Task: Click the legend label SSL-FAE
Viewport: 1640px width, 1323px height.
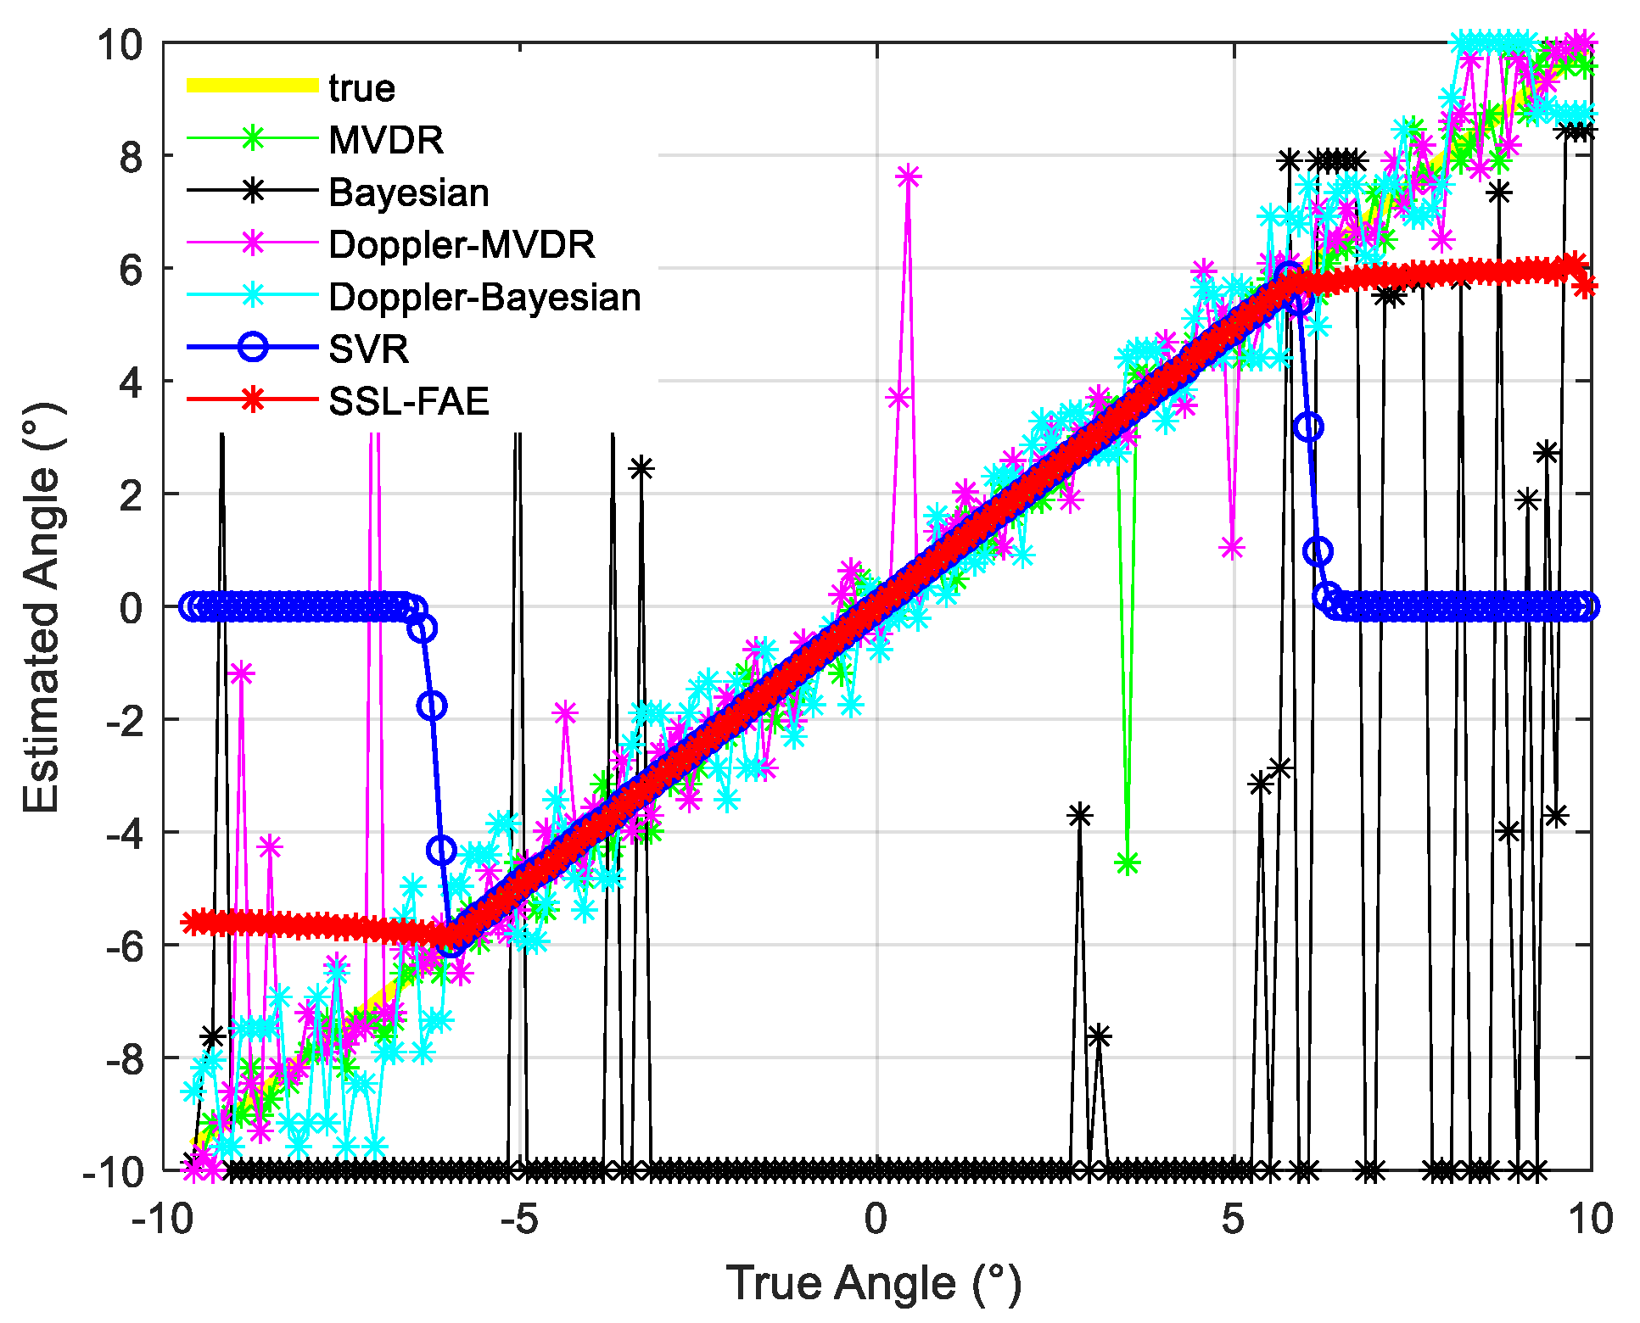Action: pyautogui.click(x=409, y=401)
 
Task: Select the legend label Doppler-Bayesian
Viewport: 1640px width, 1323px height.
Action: pyautogui.click(x=484, y=297)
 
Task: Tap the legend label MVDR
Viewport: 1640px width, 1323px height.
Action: pyautogui.click(x=386, y=140)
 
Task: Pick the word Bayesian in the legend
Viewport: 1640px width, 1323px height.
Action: pyautogui.click(x=409, y=193)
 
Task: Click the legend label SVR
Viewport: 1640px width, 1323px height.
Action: pyautogui.click(x=368, y=349)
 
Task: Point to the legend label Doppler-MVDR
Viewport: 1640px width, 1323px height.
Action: pyautogui.click(x=462, y=245)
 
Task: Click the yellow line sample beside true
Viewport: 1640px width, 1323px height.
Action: pyautogui.click(x=252, y=86)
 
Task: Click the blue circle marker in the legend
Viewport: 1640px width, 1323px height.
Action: pyautogui.click(x=253, y=348)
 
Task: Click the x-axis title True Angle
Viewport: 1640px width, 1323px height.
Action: pyautogui.click(x=874, y=1282)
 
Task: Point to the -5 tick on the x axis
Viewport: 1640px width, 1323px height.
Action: pyautogui.click(x=518, y=1219)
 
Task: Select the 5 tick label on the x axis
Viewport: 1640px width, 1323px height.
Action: pyautogui.click(x=1233, y=1219)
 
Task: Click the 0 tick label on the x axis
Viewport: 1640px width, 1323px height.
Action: pyautogui.click(x=876, y=1219)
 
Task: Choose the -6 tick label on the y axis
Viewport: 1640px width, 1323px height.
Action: pyautogui.click(x=123, y=946)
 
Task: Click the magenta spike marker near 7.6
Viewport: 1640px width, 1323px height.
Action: pyautogui.click(x=909, y=176)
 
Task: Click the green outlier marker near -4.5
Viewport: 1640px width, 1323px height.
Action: pyautogui.click(x=1128, y=863)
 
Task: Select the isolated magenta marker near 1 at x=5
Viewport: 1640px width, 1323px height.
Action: pyautogui.click(x=1232, y=547)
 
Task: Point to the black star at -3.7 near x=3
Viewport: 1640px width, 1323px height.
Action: pyautogui.click(x=1079, y=815)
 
